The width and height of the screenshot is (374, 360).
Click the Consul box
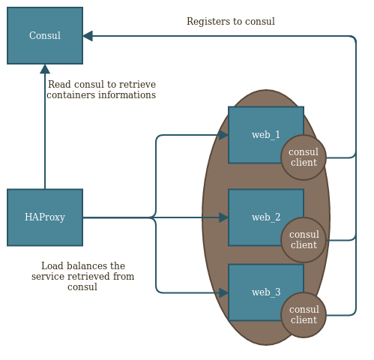click(x=45, y=35)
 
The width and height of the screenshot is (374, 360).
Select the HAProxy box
click(x=45, y=217)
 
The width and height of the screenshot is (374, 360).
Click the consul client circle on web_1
click(x=304, y=157)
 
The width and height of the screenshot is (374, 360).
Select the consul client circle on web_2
click(x=304, y=240)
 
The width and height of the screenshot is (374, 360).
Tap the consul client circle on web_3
click(x=304, y=315)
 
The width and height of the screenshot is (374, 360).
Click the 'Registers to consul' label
click(x=230, y=22)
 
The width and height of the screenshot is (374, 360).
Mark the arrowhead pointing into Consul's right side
click(x=88, y=36)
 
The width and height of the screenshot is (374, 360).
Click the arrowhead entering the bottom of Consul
click(x=45, y=69)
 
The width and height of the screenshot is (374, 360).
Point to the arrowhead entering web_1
click(x=223, y=135)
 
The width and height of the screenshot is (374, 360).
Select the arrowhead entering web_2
click(x=223, y=217)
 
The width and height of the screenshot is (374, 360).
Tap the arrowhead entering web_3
click(x=223, y=292)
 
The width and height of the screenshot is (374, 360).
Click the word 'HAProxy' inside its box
click(x=45, y=217)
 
